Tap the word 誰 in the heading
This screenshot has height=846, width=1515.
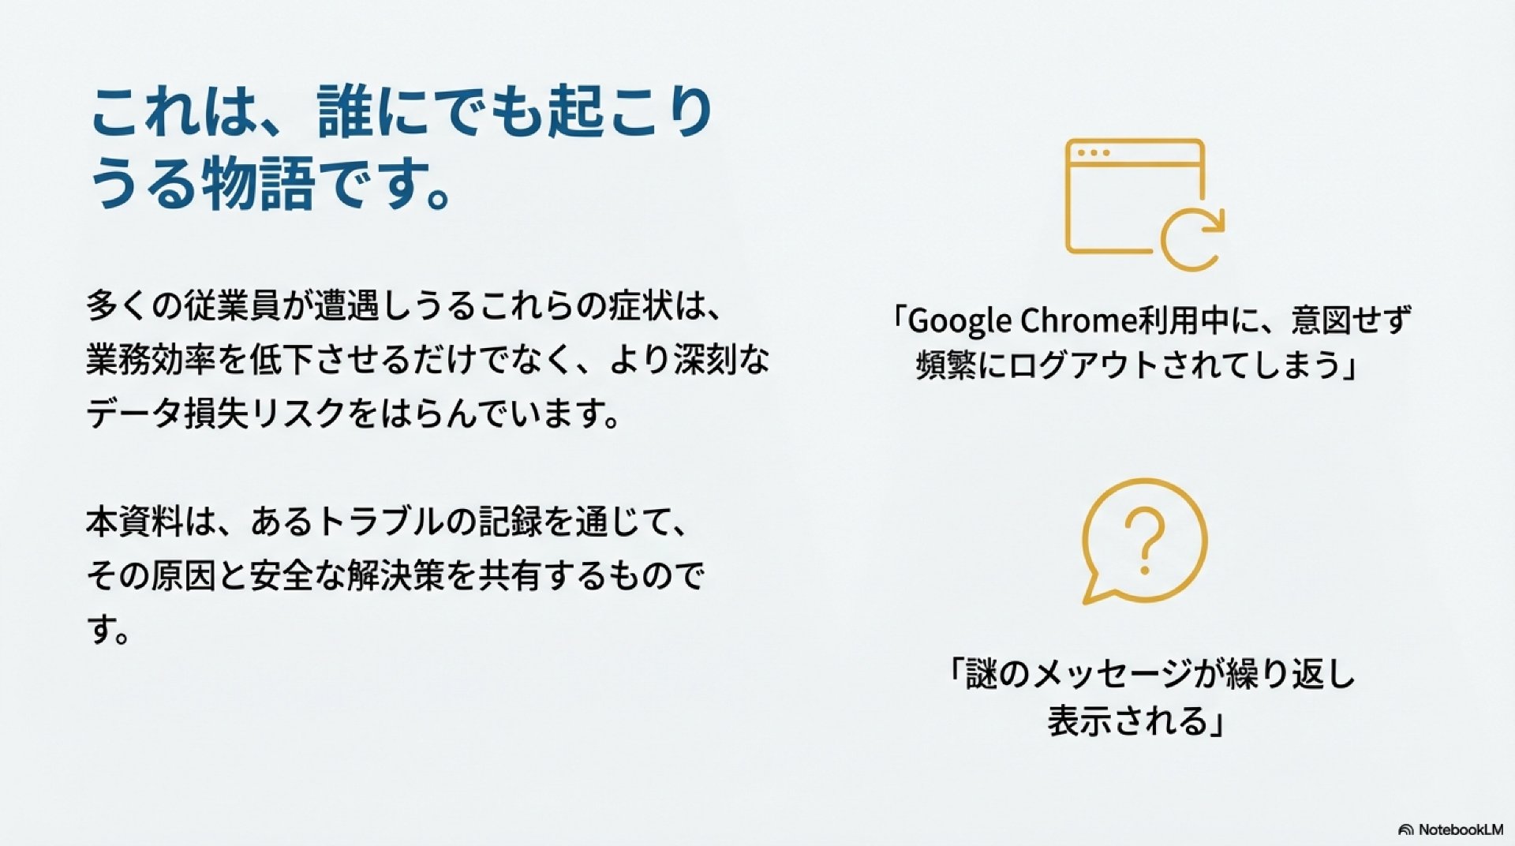point(345,111)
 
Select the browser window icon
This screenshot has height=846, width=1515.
point(1135,197)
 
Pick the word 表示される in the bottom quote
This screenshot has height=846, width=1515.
point(1128,721)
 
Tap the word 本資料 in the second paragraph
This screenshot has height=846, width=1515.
point(135,522)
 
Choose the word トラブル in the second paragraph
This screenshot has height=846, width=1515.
point(380,522)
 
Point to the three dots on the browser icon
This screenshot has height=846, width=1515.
point(1094,152)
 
